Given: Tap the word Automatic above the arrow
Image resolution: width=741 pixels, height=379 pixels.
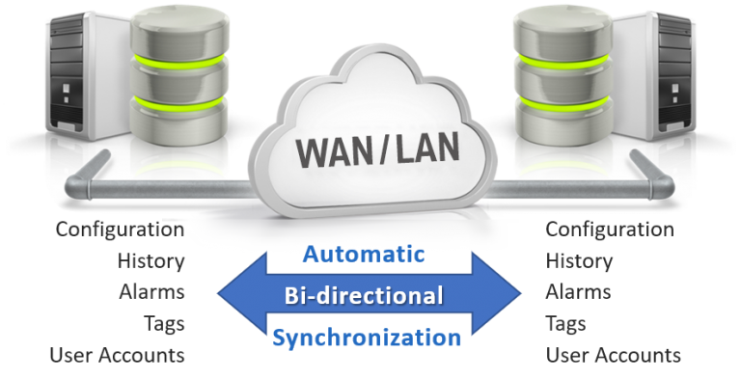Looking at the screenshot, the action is click(364, 255).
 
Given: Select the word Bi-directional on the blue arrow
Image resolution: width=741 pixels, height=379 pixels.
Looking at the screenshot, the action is click(364, 295).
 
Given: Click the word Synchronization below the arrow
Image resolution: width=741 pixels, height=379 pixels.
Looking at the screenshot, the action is click(366, 338).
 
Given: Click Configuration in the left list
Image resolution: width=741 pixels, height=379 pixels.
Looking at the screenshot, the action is click(120, 230).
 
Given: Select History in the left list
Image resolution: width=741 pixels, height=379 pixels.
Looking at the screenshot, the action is click(151, 260).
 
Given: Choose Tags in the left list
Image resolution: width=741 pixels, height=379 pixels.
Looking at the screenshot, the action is click(163, 323).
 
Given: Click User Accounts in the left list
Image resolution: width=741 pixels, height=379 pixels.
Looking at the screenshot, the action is click(117, 355).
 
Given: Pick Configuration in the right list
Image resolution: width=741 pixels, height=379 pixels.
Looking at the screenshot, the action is click(610, 230).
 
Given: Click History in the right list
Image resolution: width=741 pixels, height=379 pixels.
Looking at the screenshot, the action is click(579, 260).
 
